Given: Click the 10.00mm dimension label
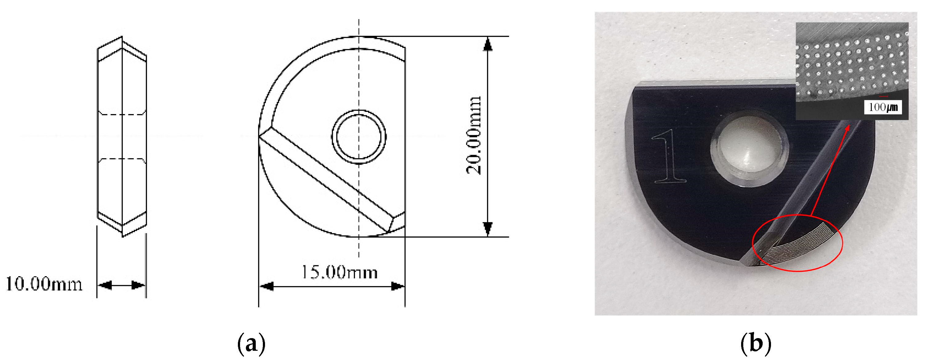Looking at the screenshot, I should pyautogui.click(x=44, y=284).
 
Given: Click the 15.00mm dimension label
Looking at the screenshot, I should pyautogui.click(x=339, y=272).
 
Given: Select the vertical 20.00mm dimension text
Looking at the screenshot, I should pyautogui.click(x=473, y=136).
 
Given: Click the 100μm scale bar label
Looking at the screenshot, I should pyautogui.click(x=883, y=107).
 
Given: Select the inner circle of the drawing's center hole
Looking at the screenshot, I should pyautogui.click(x=359, y=137).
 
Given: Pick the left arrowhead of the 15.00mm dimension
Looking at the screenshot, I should pyautogui.click(x=266, y=286).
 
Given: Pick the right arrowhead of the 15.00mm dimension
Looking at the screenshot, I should pyautogui.click(x=398, y=286).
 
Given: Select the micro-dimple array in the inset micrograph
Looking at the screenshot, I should pyautogui.click(x=852, y=68).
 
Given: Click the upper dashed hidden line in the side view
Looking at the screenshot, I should pyautogui.click(x=122, y=115).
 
